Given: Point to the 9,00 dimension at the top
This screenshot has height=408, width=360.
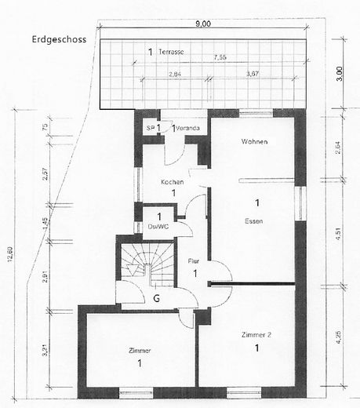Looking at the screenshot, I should [204, 24].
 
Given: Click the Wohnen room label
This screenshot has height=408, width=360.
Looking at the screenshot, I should [255, 142].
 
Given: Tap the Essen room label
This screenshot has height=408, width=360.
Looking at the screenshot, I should [253, 221].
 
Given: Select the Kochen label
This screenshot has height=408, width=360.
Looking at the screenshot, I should [172, 182].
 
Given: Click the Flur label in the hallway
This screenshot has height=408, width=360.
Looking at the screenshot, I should [195, 262].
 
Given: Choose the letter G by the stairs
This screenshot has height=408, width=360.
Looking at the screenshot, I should [157, 299].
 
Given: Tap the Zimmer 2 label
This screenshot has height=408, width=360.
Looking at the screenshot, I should [258, 334].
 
